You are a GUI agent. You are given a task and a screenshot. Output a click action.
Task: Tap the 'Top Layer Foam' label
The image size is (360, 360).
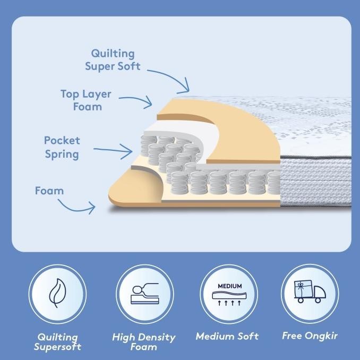coord(85,100)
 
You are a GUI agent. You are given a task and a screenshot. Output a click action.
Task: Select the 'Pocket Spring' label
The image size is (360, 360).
coord(62,147)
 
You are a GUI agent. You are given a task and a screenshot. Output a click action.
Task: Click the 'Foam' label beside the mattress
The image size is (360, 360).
coord(49,190)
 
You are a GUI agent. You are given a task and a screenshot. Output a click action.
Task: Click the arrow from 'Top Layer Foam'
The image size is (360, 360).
coord(135,99)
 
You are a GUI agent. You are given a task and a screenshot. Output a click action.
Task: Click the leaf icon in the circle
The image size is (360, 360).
coord(57,294)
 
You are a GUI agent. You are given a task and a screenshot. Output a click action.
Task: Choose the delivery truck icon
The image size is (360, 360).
coord(310,293)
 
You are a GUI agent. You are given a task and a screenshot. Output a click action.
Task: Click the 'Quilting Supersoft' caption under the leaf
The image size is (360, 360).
coord(57,341)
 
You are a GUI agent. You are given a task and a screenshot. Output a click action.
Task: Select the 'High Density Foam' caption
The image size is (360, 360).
coord(143,341)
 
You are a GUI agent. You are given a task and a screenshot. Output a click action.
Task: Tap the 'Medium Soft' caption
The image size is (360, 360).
coord(227,336)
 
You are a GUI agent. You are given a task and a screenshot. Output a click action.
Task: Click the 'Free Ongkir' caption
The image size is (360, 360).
coord(310,336)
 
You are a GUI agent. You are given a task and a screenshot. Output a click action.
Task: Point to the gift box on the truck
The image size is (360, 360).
coord(302,287)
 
